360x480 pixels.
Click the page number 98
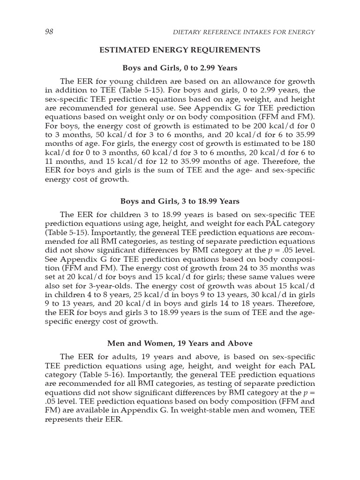[x=49, y=32]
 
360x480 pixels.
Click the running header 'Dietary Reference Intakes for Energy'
[x=244, y=32]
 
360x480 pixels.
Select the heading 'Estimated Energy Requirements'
[x=180, y=49]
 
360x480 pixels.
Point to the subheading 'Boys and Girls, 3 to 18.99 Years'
[x=180, y=201]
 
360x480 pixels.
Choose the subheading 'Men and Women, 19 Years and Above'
[x=180, y=344]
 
